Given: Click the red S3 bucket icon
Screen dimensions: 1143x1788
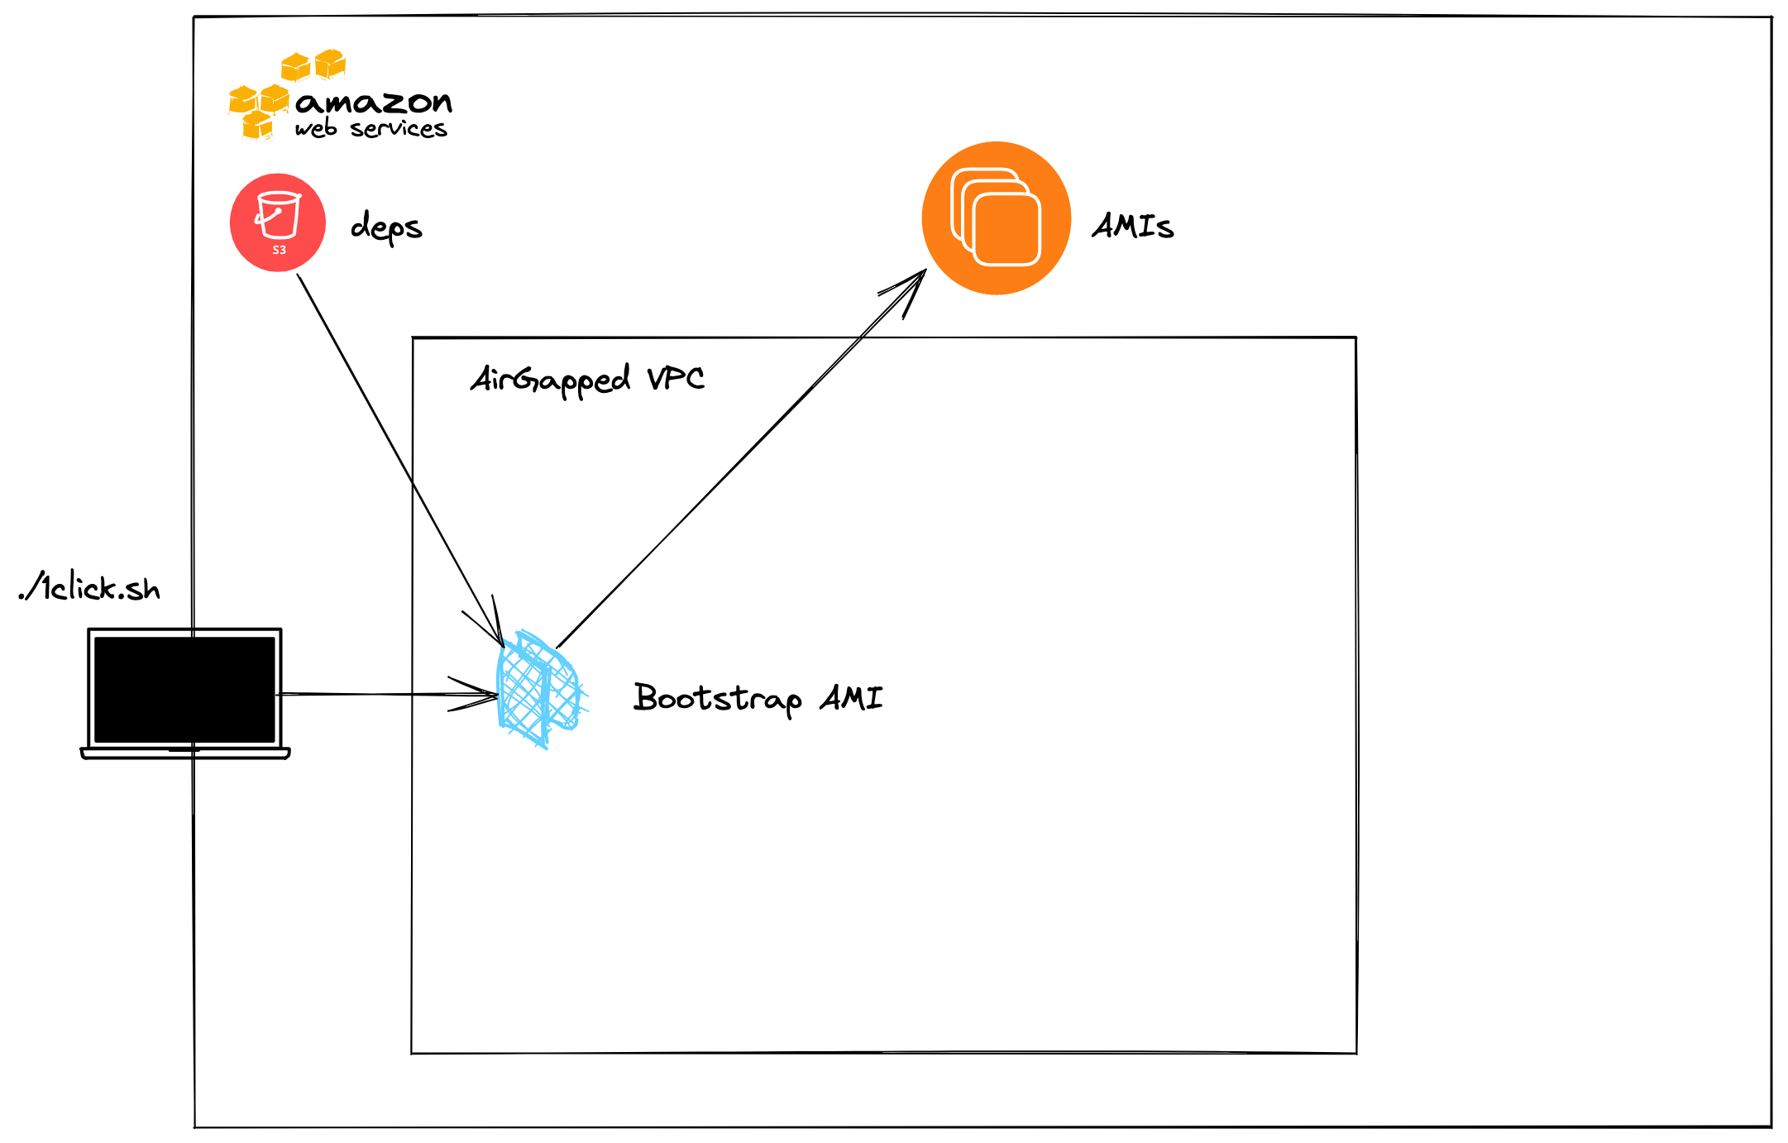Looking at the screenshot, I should [277, 222].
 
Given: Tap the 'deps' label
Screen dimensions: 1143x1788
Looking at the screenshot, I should [385, 227].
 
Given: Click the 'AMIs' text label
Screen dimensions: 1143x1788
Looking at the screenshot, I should [1132, 226].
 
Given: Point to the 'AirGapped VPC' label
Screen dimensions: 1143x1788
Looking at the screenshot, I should [587, 380].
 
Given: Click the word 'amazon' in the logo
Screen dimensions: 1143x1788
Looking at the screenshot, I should [374, 103].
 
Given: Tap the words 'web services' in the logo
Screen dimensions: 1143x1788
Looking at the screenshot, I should [371, 129].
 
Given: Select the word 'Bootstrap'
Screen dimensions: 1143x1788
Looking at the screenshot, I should [717, 698].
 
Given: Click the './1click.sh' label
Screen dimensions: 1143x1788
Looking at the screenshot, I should [89, 587].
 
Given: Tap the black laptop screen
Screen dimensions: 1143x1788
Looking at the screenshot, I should [184, 689].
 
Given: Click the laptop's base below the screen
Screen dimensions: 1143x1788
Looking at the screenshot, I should [185, 753].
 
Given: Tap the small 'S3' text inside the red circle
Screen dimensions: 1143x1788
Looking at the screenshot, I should [280, 250].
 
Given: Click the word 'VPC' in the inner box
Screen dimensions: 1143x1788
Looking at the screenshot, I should [676, 379].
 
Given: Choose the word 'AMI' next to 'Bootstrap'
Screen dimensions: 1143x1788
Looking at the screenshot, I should [851, 698].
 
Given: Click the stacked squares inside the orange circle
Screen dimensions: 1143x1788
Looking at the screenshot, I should [996, 217].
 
